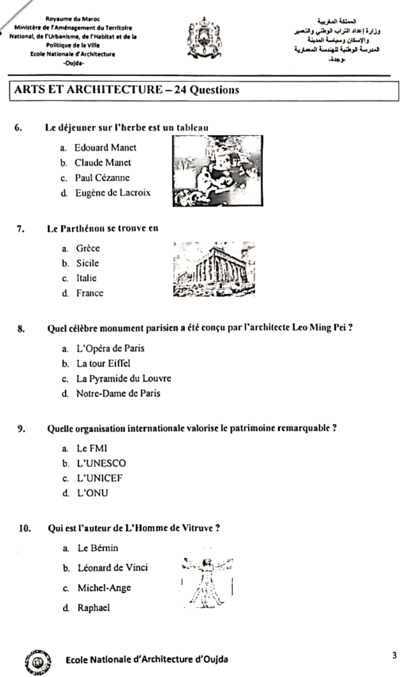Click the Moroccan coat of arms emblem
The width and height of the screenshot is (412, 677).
coord(204,38)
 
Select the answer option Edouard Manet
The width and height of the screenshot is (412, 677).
coord(105,148)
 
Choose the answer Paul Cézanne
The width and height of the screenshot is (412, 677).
coord(102,178)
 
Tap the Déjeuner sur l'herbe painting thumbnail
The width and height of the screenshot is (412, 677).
coord(218,171)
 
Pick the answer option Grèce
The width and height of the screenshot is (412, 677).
coord(88,248)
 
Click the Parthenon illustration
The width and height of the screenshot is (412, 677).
coord(214,269)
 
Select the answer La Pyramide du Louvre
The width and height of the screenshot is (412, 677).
coord(124,379)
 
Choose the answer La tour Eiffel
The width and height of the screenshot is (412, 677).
coord(103,363)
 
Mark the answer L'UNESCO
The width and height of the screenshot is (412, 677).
coord(101,463)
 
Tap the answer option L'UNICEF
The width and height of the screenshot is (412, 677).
coord(100,478)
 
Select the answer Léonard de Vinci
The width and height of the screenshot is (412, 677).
coord(113,568)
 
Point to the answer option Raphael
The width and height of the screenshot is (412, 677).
coord(94,608)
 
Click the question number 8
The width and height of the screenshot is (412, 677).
coord(21,329)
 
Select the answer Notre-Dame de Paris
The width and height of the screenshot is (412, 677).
coord(118,393)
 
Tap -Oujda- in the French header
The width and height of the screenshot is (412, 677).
coord(73,63)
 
